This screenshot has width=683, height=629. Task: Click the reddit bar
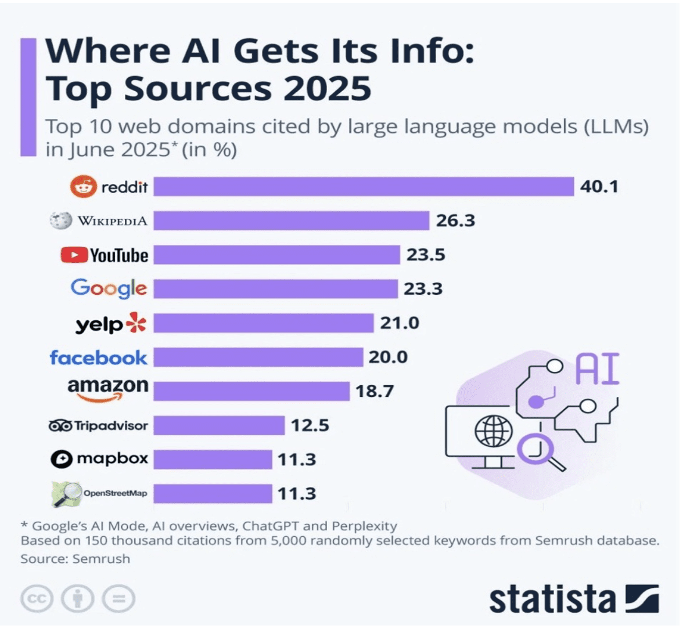point(364,187)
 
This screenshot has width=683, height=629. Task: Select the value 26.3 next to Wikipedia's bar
point(455,220)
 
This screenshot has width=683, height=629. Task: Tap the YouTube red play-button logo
point(74,255)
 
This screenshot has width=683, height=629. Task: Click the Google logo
point(109,288)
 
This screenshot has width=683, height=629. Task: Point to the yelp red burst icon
point(136,323)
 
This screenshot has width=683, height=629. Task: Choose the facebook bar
point(258,357)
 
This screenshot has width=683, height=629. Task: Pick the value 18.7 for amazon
point(375,391)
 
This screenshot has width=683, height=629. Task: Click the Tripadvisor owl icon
point(60,426)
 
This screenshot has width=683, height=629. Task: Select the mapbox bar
point(213,460)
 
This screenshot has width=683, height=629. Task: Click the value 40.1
point(599,187)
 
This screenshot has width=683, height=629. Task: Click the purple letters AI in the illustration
point(598,369)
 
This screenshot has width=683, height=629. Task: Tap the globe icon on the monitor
point(494,430)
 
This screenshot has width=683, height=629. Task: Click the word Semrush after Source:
point(101,559)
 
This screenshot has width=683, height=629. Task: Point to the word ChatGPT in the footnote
point(271,526)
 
